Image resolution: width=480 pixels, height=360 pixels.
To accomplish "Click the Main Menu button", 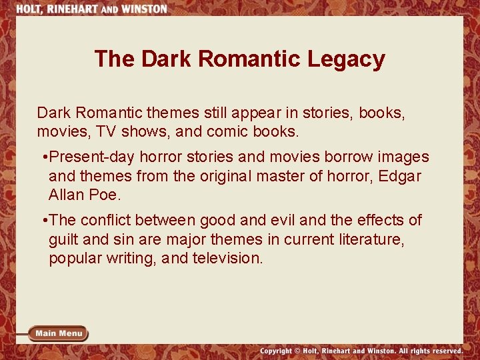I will pos(59,333).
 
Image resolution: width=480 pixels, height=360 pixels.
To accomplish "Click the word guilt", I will pos(65,239).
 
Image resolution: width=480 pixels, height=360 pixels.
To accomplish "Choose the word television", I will pos(227,257).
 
